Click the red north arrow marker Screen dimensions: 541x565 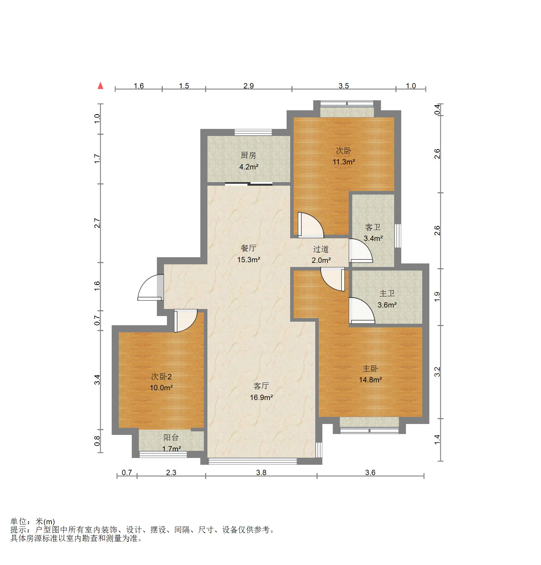[x=101, y=86]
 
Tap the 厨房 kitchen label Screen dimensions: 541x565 [x=248, y=155]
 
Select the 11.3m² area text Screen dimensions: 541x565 [x=344, y=162]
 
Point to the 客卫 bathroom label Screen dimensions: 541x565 [x=373, y=227]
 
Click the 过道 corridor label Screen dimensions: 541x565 [x=321, y=249]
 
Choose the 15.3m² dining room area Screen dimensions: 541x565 [x=248, y=260]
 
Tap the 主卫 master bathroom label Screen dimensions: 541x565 [x=387, y=293]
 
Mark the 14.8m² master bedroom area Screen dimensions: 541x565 [x=370, y=380]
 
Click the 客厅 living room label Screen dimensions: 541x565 [x=261, y=386]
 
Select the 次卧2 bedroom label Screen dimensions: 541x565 [x=161, y=377]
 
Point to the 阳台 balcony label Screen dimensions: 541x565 [x=171, y=437]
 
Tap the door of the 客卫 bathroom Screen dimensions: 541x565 [x=361, y=251]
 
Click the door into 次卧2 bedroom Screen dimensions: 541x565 [x=185, y=321]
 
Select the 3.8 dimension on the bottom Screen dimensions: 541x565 [x=261, y=472]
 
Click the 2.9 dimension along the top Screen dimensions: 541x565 [x=248, y=86]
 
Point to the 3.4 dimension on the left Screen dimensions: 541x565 [x=97, y=380]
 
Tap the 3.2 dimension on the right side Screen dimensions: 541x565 [x=437, y=372]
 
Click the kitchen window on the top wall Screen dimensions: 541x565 [x=253, y=132]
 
